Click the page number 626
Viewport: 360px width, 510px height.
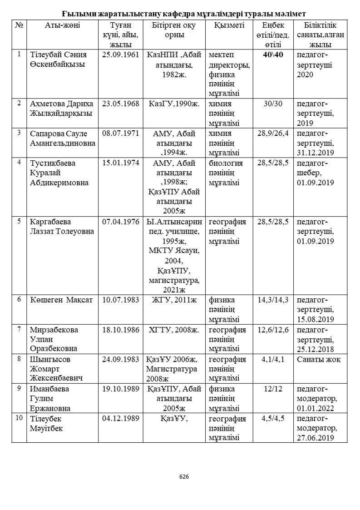point(184,476)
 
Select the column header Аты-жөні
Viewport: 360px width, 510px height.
point(62,25)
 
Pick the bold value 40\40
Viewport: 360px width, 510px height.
point(273,54)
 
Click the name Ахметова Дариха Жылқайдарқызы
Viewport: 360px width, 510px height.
point(61,109)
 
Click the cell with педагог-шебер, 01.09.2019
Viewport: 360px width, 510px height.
point(315,173)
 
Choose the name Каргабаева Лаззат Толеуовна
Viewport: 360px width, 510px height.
point(62,227)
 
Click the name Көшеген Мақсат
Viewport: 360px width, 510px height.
point(61,300)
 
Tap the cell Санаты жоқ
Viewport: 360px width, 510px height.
point(319,359)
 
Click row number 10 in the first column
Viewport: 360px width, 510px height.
point(19,418)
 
